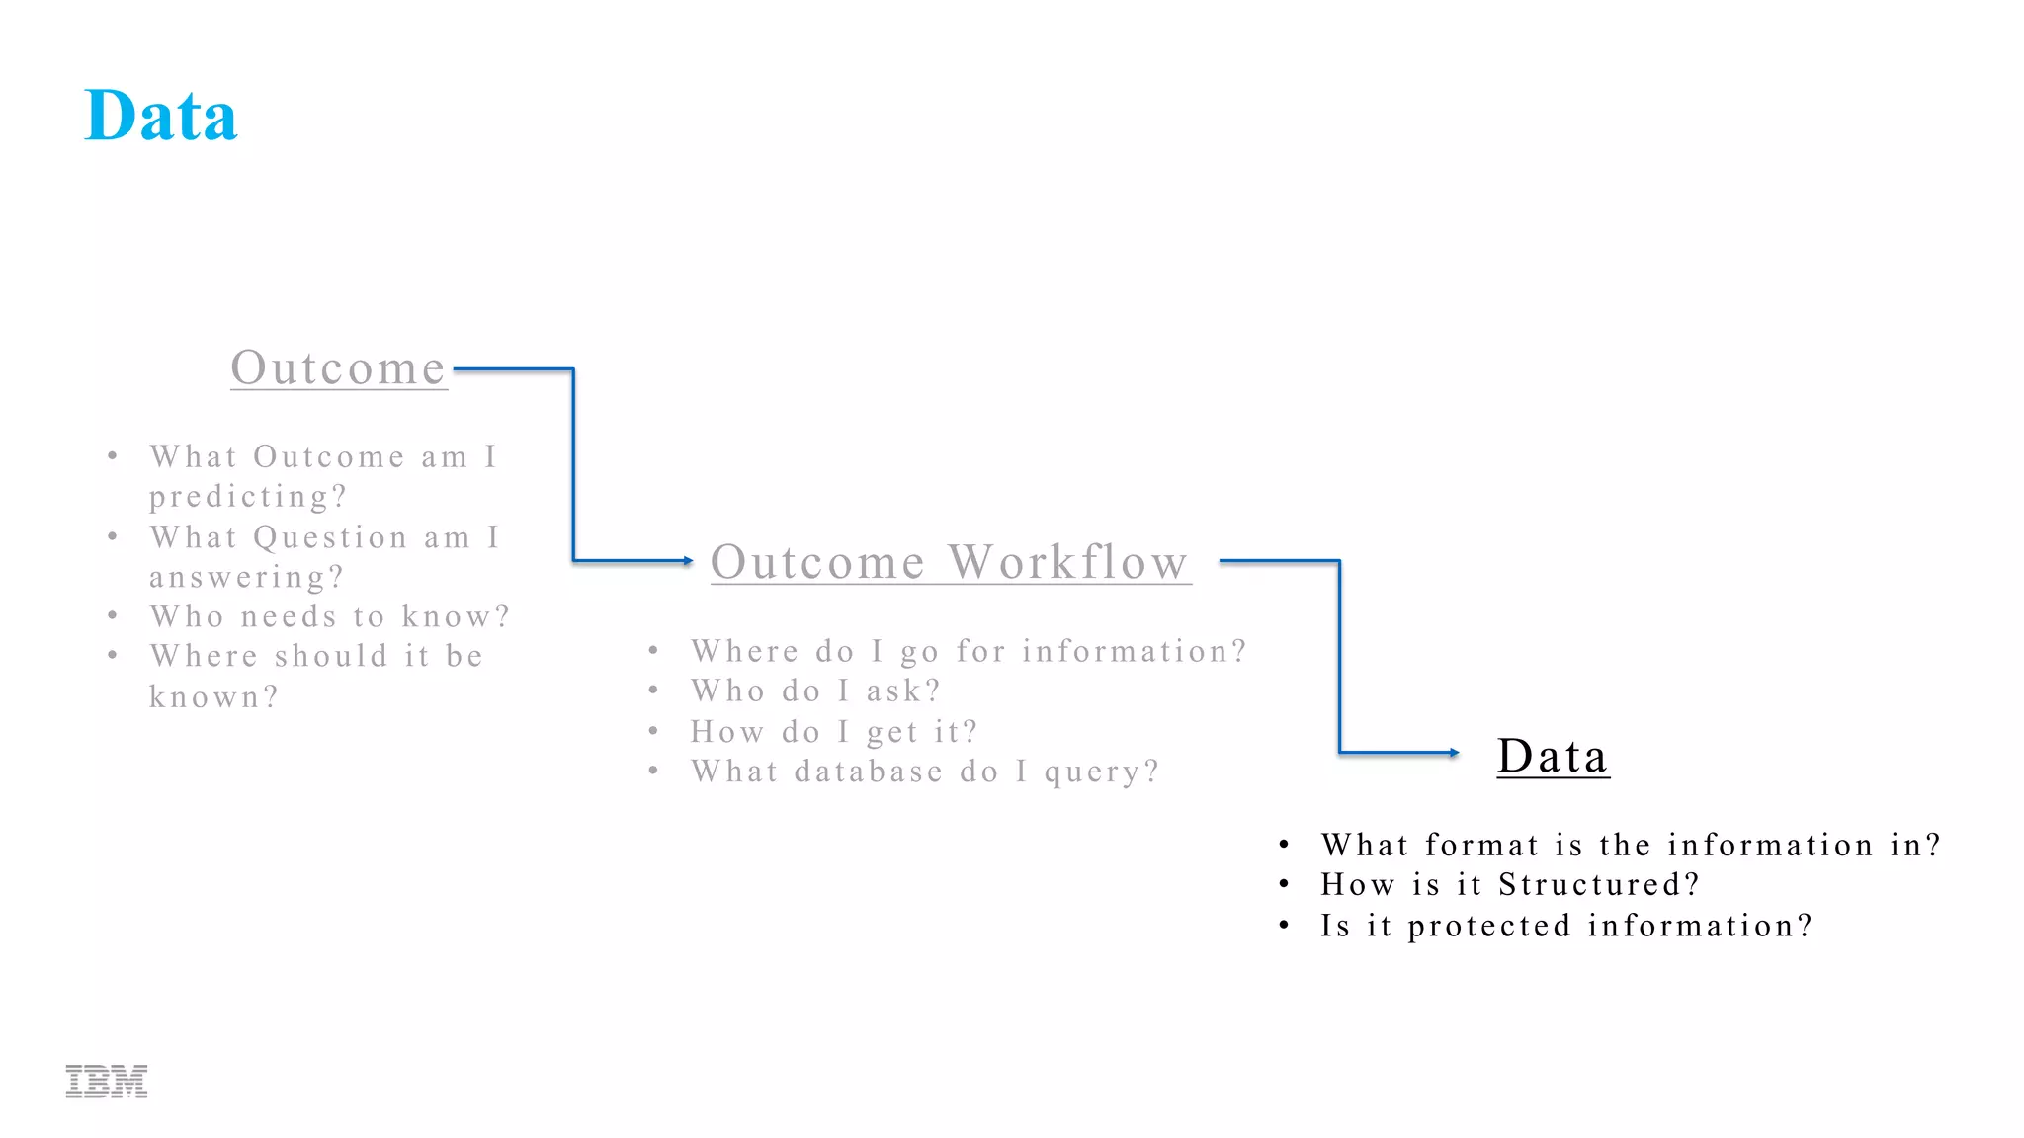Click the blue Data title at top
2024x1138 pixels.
pyautogui.click(x=161, y=117)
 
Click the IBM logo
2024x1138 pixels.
pyautogui.click(x=107, y=1082)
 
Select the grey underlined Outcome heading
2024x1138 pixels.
pyautogui.click(x=338, y=368)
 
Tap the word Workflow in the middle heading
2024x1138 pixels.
pyautogui.click(x=1068, y=563)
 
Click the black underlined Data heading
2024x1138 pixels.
pyautogui.click(x=1553, y=757)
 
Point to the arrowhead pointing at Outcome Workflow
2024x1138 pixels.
pyautogui.click(x=688, y=561)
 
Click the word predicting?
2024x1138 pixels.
pyautogui.click(x=248, y=497)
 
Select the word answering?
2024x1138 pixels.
pyautogui.click(x=246, y=577)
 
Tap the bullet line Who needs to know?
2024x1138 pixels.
pyautogui.click(x=329, y=617)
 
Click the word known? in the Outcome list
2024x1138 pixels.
pyautogui.click(x=213, y=697)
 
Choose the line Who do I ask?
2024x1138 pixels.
pyautogui.click(x=815, y=691)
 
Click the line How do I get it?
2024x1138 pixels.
pyautogui.click(x=834, y=732)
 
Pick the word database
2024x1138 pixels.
pyautogui.click(x=868, y=772)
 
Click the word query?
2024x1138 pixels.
pyautogui.click(x=1101, y=772)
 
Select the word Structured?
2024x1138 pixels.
pyautogui.click(x=1598, y=885)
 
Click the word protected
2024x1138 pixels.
pyautogui.click(x=1488, y=927)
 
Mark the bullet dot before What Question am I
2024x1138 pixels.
pyautogui.click(x=113, y=536)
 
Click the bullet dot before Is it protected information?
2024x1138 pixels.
pyautogui.click(x=1284, y=926)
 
